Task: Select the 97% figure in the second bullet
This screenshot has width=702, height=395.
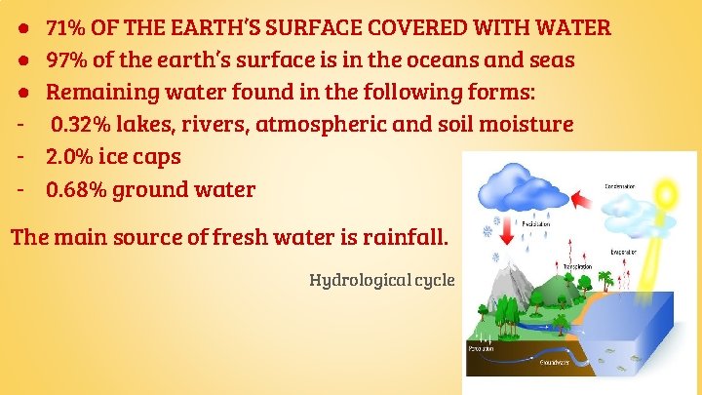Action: (67, 60)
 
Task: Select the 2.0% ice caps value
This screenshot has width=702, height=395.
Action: (70, 157)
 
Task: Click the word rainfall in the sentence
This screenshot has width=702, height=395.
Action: (402, 236)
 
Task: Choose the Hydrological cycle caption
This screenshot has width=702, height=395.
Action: (382, 280)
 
